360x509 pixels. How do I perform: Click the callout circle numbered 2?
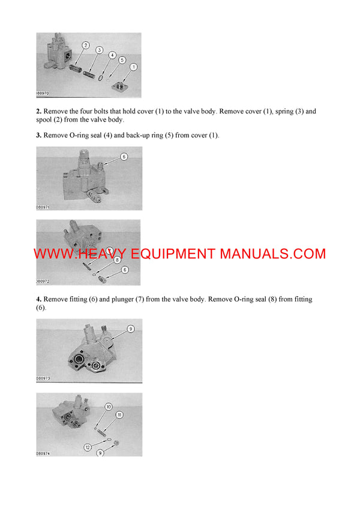point(85,46)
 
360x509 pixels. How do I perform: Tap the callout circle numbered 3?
point(99,50)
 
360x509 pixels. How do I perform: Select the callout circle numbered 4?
point(112,55)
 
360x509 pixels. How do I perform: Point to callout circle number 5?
point(122,60)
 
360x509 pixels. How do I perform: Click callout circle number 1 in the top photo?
point(133,67)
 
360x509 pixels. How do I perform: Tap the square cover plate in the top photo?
point(122,86)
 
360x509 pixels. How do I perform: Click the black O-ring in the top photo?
point(106,77)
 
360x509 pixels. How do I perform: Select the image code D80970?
point(43,94)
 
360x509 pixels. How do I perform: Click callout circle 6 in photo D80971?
point(124,156)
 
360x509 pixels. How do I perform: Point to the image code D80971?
point(43,207)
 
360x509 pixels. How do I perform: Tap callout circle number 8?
point(118,260)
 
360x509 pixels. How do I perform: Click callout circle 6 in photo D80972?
point(125,270)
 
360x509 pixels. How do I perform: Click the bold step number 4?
point(38,299)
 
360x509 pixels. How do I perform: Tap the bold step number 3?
point(38,135)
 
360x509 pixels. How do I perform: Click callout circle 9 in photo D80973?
point(129,328)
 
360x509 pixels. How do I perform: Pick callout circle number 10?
point(109,407)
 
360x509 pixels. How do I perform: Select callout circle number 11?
point(120,415)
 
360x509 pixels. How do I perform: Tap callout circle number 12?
point(88,447)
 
